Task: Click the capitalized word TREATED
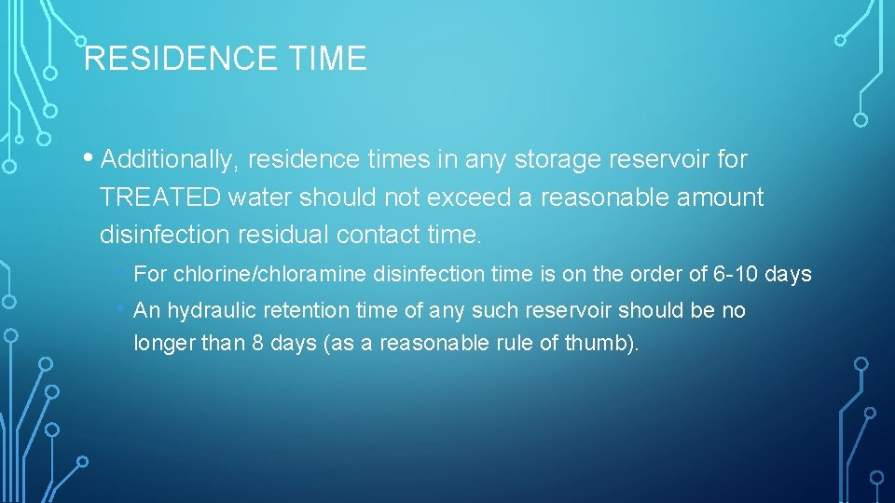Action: [x=159, y=197]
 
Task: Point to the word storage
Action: [x=558, y=160]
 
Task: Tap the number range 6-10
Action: [x=737, y=275]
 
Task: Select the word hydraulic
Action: [x=212, y=310]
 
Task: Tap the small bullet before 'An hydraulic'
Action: [x=123, y=308]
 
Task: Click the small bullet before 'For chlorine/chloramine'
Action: [x=123, y=273]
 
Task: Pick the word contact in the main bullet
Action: [x=377, y=235]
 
